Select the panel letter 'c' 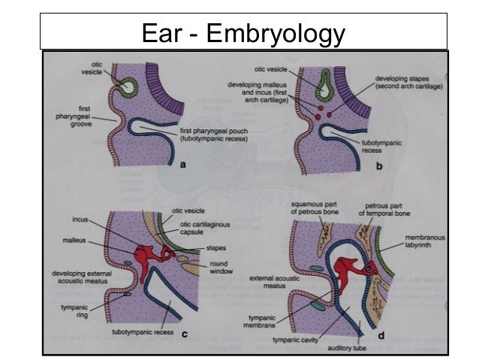(x=185, y=335)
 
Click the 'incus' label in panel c (x=82, y=220)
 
